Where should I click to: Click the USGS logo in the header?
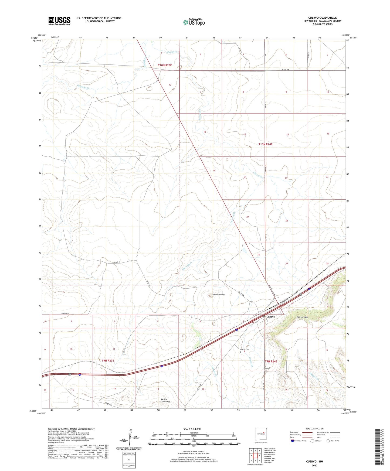(59, 21)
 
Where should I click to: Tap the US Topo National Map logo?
(194, 22)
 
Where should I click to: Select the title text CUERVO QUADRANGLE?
(322, 18)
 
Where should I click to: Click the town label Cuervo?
(270, 317)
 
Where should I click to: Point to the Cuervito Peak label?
(218, 295)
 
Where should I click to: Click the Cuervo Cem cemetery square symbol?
(240, 352)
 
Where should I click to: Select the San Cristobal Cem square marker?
(264, 373)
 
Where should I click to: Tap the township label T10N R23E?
(165, 65)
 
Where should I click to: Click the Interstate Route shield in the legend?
(293, 441)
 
